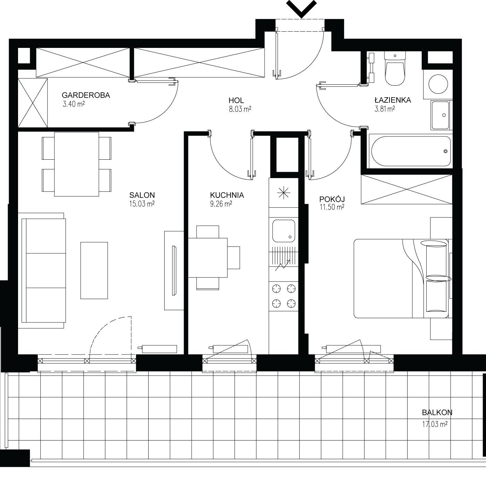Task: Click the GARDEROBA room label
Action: pos(86,95)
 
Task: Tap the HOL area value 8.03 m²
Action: pos(240,109)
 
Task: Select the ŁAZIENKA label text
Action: pos(393,100)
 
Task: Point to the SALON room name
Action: pos(142,195)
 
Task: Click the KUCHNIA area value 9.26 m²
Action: pos(221,204)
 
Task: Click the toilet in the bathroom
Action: pos(395,69)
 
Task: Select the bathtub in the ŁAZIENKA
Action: pos(411,151)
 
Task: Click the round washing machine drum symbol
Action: pos(438,84)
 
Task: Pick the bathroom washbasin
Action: pos(440,115)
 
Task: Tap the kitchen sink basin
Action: pos(284,231)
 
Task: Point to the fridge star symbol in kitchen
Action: pos(284,193)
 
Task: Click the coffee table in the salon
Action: pos(94,271)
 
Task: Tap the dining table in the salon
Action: pos(76,164)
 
